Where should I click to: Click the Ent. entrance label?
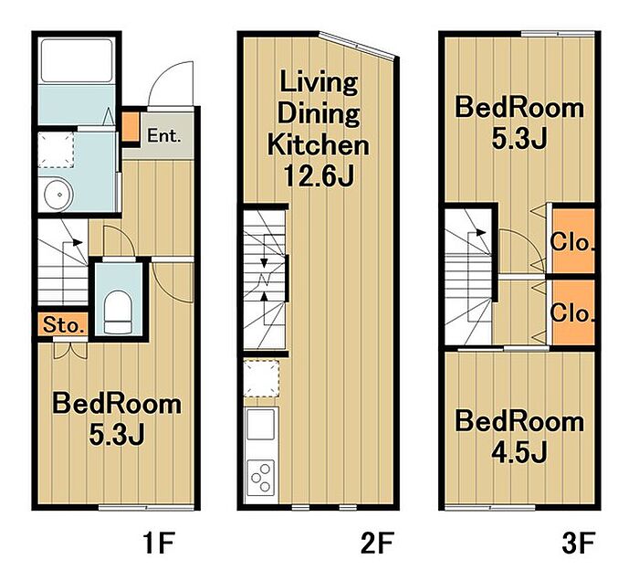163,136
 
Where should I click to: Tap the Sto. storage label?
64,325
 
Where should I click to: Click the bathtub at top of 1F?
77,60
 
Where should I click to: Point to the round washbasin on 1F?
58,194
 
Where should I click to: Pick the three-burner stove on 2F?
261,478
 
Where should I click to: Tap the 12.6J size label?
319,175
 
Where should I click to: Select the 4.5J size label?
519,452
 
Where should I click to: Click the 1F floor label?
159,543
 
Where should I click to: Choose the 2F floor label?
377,543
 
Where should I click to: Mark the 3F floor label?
579,543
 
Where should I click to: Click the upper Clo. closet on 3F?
573,241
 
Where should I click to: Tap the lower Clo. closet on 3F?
573,312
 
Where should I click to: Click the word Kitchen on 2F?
319,144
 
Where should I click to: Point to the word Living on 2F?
319,83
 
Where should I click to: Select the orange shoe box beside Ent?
131,126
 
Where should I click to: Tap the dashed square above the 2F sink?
261,378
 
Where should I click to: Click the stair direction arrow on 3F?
477,232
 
